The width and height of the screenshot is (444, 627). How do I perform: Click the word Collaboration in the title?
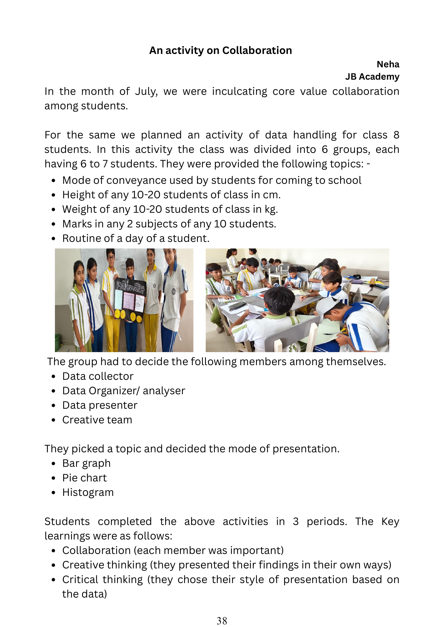point(257,51)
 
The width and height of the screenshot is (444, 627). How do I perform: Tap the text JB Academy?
point(372,77)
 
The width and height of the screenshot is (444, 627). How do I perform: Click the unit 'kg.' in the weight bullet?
point(271,210)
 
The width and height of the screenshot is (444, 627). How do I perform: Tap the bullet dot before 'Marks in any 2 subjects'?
point(54,224)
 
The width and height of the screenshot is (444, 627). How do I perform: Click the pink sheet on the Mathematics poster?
point(129,301)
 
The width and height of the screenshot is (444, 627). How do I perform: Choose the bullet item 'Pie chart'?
point(84,478)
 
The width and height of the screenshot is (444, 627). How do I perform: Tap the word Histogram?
point(88,492)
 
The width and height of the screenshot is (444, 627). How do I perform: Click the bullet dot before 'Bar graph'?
point(54,464)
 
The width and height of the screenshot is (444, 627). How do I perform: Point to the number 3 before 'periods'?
point(295,522)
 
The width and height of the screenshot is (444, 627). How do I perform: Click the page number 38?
point(222,621)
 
